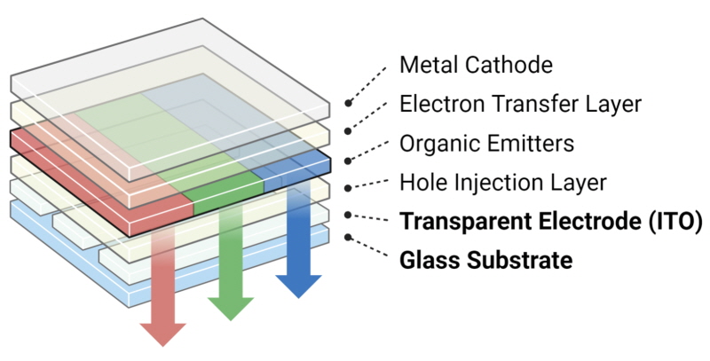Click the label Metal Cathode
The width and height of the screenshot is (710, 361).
point(476,65)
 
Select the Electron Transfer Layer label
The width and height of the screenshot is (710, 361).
point(520,104)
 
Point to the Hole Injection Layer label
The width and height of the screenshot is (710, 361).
point(502,183)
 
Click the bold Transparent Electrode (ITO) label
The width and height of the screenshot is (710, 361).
point(550,221)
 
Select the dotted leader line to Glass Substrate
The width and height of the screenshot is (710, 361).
point(369,249)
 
